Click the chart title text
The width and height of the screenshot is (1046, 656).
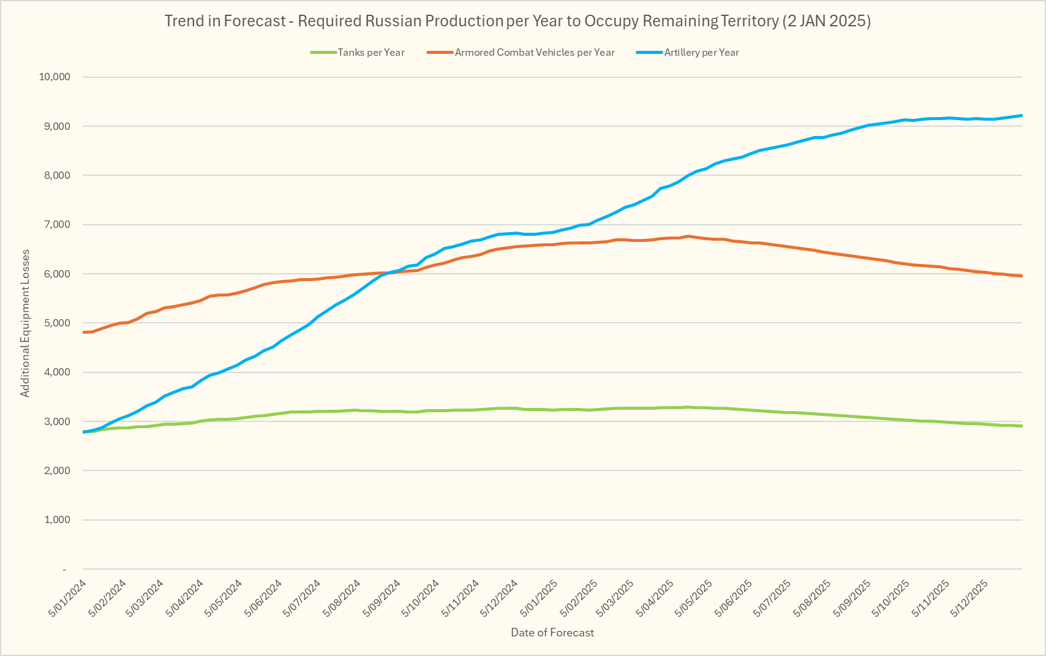click(517, 21)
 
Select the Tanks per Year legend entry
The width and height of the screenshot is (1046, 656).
click(371, 53)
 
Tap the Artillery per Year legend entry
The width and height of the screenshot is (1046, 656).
click(701, 53)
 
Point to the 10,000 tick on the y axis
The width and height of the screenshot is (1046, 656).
click(55, 77)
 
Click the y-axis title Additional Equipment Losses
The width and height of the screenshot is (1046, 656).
click(25, 323)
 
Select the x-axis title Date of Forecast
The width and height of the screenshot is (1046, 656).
click(552, 633)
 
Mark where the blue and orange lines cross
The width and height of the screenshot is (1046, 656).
click(388, 273)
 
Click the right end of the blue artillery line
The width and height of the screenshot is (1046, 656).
click(1022, 115)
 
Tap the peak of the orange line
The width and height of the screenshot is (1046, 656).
click(688, 236)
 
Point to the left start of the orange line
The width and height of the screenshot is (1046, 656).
click(83, 332)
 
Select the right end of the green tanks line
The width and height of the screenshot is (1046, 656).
click(1022, 426)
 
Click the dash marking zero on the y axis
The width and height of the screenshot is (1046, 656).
click(64, 570)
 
